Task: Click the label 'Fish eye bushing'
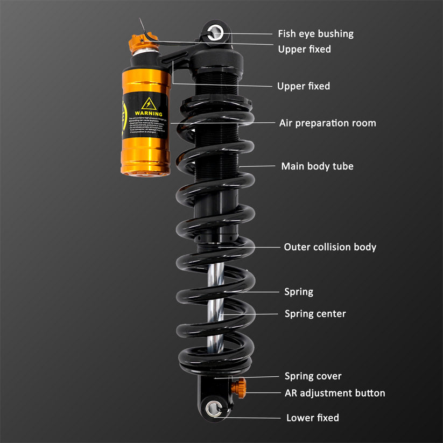[x=315, y=33]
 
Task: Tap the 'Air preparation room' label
[x=327, y=123]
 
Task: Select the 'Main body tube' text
[x=317, y=166]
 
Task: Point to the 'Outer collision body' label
[x=330, y=247]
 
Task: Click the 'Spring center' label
[x=315, y=313]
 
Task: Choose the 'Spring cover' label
[x=313, y=376]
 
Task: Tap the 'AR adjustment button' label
[x=335, y=393]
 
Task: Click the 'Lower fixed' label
[x=312, y=418]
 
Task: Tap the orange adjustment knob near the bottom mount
[x=239, y=386]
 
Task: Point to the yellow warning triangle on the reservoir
[x=149, y=103]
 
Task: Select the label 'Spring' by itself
[x=298, y=292]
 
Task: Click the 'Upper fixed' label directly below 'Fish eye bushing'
[x=304, y=49]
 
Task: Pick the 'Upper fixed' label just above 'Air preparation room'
[x=303, y=86]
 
